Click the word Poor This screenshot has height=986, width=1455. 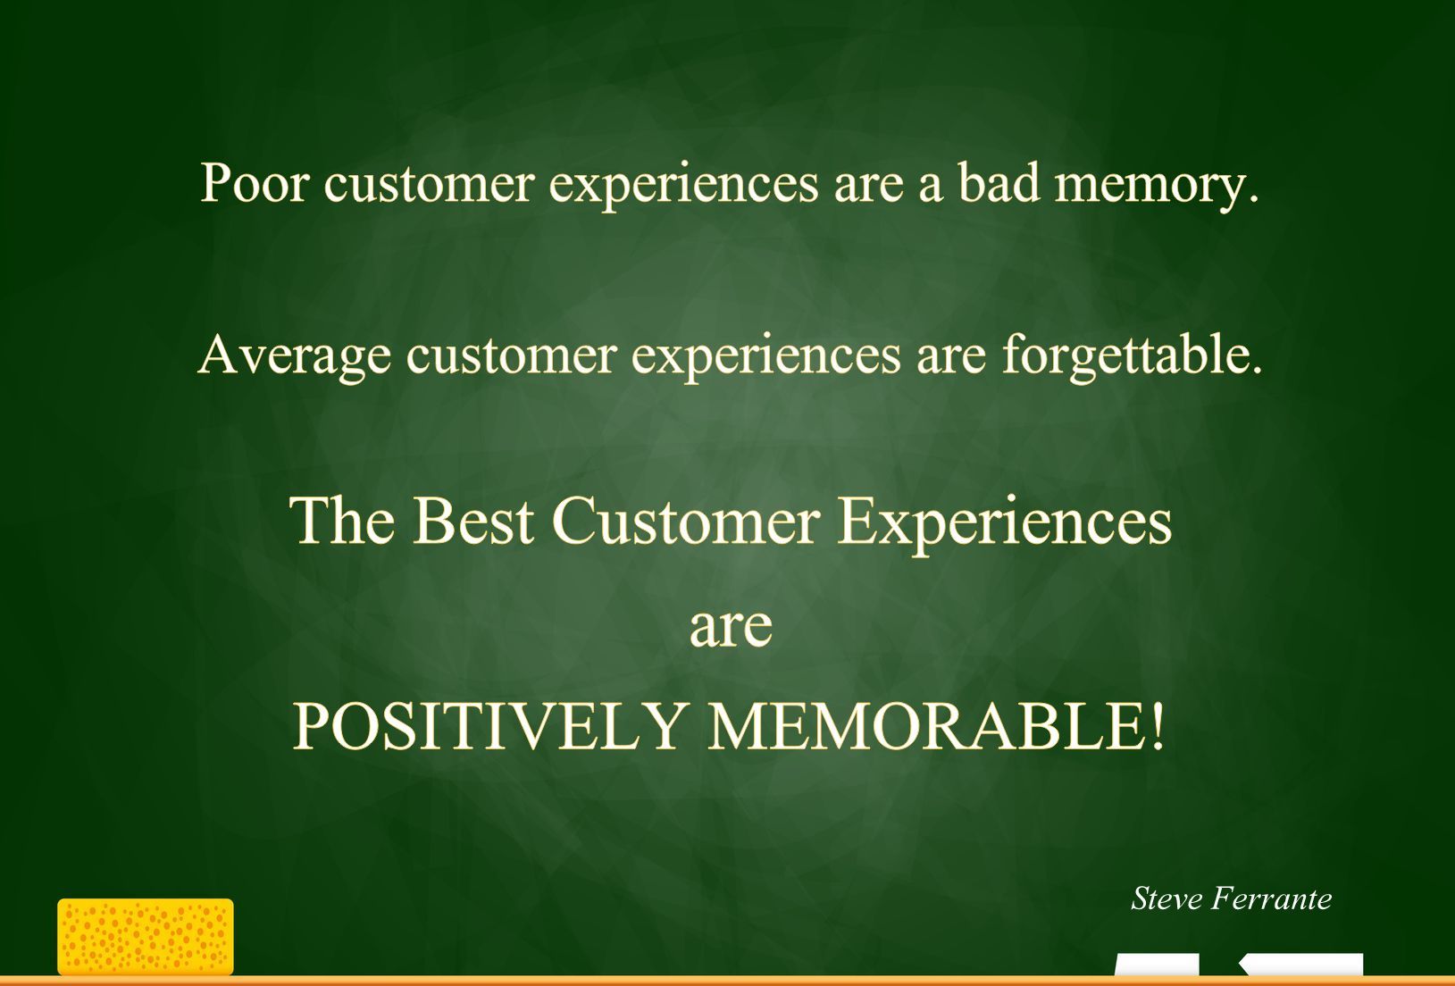coord(254,183)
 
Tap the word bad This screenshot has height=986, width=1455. coord(999,181)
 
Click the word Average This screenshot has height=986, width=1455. coord(294,357)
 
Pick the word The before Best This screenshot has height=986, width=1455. coord(342,521)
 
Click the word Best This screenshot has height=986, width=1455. coord(472,521)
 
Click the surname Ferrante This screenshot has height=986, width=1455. coord(1272,899)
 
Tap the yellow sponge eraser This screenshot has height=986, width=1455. coord(146,937)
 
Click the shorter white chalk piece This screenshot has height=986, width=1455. coord(1157,965)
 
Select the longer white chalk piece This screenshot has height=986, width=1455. coord(1301,965)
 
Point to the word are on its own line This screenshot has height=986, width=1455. coord(731,628)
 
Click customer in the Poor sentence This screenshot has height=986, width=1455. coord(429,183)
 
